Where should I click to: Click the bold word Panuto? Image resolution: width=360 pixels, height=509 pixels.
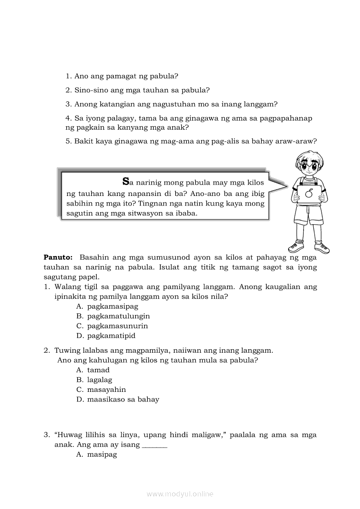pyautogui.click(x=58, y=257)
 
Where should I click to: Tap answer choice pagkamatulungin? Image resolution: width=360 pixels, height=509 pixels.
pyautogui.click(x=118, y=316)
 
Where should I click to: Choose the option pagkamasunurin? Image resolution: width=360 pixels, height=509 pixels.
pyautogui.click(x=117, y=326)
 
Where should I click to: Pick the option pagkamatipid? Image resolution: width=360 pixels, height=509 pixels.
pyautogui.click(x=111, y=336)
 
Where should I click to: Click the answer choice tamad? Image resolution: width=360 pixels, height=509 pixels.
pyautogui.click(x=98, y=370)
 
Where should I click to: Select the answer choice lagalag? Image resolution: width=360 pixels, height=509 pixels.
pyautogui.click(x=99, y=380)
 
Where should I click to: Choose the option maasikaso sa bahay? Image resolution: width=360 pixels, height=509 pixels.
pyautogui.click(x=123, y=399)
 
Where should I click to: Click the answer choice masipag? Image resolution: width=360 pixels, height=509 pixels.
pyautogui.click(x=102, y=455)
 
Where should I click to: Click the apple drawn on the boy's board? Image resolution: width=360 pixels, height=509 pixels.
pyautogui.click(x=309, y=193)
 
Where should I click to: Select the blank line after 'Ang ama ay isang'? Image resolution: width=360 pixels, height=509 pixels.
pyautogui.click(x=154, y=445)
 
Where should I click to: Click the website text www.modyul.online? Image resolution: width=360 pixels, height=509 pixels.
pyautogui.click(x=180, y=494)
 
